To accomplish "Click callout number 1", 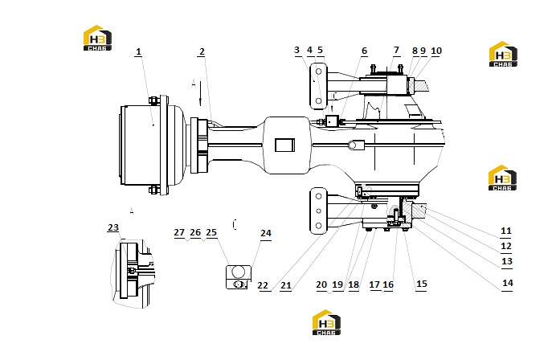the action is click(x=138, y=51).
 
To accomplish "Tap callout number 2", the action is click(x=202, y=51).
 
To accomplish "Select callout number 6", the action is click(x=364, y=51).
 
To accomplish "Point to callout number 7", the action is click(x=397, y=50).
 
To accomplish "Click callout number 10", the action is click(x=436, y=51).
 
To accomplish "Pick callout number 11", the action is click(x=506, y=231).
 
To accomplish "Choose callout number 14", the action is click(x=507, y=283).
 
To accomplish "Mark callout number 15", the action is click(x=421, y=284).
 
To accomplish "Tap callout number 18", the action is click(x=354, y=284).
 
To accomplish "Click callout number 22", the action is click(x=263, y=285).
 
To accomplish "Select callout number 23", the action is click(x=113, y=227).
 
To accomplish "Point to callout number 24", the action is click(x=266, y=233).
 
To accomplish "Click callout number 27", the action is click(x=179, y=232).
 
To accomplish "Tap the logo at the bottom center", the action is click(x=326, y=322).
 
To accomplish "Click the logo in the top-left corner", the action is click(x=97, y=38).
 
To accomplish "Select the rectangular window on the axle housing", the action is click(x=284, y=145).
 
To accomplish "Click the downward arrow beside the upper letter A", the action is click(x=200, y=93).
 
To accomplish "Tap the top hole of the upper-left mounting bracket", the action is click(x=318, y=72).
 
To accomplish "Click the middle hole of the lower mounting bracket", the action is click(x=318, y=211).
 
